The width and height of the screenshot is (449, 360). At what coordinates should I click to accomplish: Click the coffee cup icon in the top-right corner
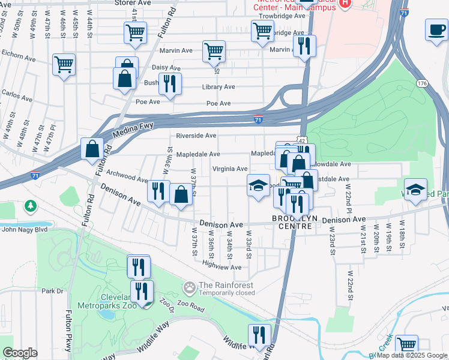[x=436, y=29]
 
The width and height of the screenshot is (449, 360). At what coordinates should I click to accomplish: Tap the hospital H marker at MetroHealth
[x=345, y=3]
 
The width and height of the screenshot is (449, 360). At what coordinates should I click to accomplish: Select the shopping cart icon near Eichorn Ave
[x=64, y=64]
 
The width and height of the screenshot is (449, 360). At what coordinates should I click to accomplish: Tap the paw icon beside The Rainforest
[x=190, y=289]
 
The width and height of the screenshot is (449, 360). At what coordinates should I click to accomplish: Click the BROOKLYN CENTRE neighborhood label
[x=293, y=223]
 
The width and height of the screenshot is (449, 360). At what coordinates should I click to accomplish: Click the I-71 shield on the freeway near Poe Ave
[x=258, y=119]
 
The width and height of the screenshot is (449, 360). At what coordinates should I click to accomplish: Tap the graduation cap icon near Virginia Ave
[x=258, y=185]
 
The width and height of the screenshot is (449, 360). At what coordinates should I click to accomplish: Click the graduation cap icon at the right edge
[x=415, y=190]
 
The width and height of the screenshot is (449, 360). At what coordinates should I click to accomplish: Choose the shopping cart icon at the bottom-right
[x=407, y=345]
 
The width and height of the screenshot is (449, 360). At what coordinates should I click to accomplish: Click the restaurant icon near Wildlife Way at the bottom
[x=259, y=334]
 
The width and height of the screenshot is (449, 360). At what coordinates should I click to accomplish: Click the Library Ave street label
[x=218, y=87]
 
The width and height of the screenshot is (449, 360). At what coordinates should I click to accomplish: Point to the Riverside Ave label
[x=196, y=136]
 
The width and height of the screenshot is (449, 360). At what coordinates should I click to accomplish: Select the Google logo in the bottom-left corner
[x=20, y=353]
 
